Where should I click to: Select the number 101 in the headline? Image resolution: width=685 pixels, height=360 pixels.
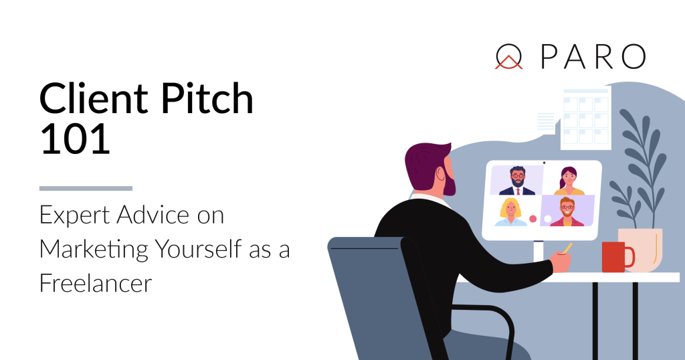click(75, 141)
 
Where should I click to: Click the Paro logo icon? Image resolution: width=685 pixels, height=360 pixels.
click(508, 58)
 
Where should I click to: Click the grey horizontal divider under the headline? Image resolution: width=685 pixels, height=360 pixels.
click(86, 189)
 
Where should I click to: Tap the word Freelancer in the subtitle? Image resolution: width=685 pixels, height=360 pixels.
click(96, 283)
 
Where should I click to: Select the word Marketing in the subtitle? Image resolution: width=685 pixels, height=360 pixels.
click(94, 249)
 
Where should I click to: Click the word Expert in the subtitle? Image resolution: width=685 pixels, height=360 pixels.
click(71, 215)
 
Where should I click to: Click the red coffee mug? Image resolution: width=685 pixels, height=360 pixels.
click(615, 257)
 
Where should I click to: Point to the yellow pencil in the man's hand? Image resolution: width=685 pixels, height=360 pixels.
click(568, 249)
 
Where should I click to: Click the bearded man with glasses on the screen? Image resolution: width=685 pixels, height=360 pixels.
click(516, 181)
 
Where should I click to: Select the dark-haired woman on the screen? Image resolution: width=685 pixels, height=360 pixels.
click(568, 181)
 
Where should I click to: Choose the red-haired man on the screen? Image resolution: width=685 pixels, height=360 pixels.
click(567, 211)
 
